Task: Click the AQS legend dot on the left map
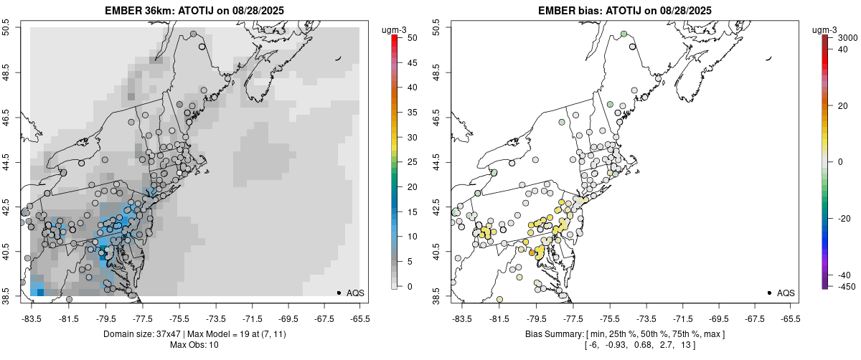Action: pyautogui.click(x=338, y=293)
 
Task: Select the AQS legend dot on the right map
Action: pyautogui.click(x=768, y=293)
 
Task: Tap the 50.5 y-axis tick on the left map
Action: pyautogui.click(x=11, y=28)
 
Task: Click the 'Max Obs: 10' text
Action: pyautogui.click(x=194, y=345)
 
